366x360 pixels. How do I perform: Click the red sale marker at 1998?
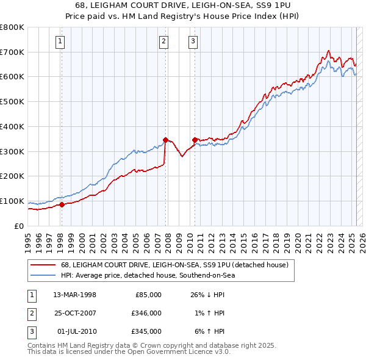tap(62, 205)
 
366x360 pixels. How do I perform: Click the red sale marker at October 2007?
tap(165, 140)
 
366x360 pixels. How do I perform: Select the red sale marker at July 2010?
tap(195, 140)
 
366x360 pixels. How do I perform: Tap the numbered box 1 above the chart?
tap(61, 41)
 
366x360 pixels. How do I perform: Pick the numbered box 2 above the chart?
tap(164, 41)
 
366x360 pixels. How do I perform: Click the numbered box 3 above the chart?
tap(193, 41)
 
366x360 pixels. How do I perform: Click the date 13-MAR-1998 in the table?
tap(75, 295)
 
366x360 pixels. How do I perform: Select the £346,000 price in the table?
tap(147, 313)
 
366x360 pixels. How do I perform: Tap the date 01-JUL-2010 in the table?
tap(76, 331)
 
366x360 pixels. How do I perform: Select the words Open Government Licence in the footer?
tap(164, 352)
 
